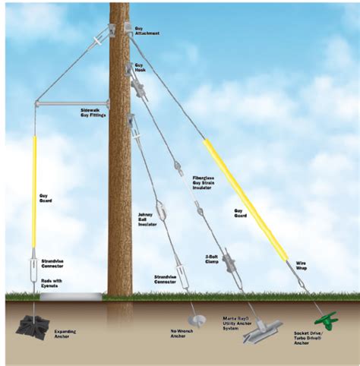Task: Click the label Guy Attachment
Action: tap(147, 31)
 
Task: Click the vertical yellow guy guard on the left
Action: tap(35, 190)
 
